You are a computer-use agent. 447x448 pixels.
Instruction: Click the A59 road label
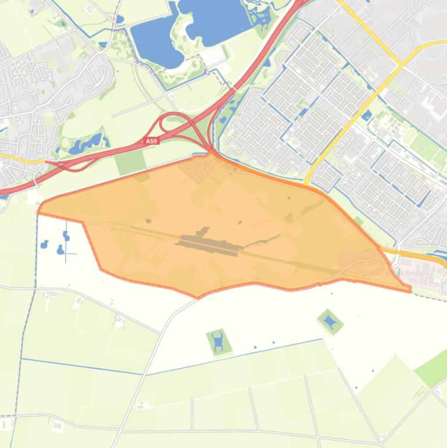pos(151,141)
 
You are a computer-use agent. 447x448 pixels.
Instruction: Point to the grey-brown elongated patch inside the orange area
pos(209,244)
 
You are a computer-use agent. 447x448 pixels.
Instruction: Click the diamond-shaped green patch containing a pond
pos(330,321)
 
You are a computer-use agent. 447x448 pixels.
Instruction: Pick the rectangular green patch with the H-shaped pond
pos(219,342)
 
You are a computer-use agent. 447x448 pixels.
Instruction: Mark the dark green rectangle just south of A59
pos(130,161)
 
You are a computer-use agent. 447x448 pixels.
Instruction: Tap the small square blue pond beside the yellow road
pos(366,115)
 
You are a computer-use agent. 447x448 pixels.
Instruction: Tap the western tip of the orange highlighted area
pos(40,209)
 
